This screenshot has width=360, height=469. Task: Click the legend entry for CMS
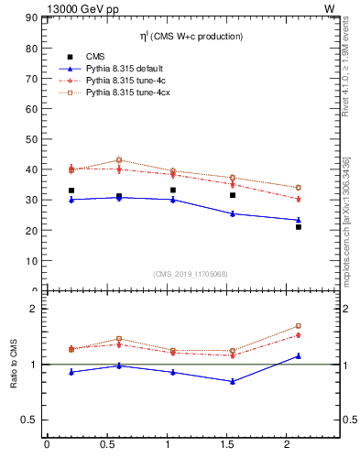[x=95, y=56]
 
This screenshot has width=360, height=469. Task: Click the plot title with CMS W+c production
[x=192, y=37]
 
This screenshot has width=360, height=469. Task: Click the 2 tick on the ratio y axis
[x=33, y=310]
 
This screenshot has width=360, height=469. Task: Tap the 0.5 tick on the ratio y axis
[x=28, y=420]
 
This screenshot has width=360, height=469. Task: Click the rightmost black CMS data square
[x=299, y=227]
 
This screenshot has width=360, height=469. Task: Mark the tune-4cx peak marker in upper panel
[x=119, y=160]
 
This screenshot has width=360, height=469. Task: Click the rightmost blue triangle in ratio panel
[x=299, y=355]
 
